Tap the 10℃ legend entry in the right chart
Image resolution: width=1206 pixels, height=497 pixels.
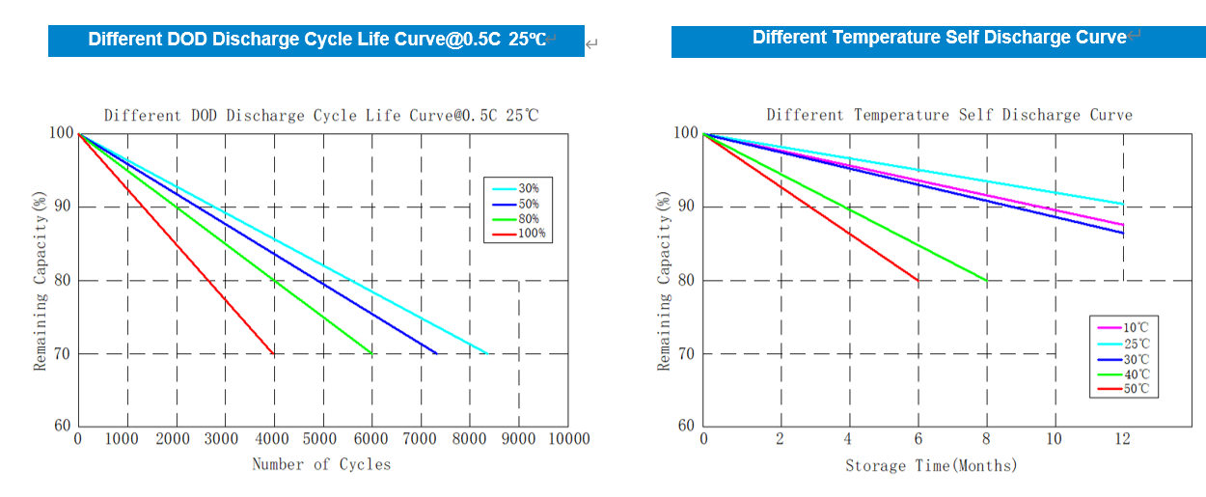(x=1135, y=328)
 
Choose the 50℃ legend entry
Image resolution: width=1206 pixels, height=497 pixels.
(x=1135, y=389)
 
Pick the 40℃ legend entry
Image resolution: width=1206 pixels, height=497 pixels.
(x=1135, y=373)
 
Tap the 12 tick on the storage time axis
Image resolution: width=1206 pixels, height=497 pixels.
(x=1122, y=439)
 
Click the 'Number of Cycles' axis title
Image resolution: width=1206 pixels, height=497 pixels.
(x=321, y=464)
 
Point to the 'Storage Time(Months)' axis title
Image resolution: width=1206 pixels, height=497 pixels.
(x=931, y=465)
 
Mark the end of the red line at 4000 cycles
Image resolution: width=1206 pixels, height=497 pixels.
(x=274, y=354)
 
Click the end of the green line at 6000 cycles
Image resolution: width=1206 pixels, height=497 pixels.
(x=371, y=353)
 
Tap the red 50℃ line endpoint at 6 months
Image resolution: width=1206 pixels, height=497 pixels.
(x=918, y=280)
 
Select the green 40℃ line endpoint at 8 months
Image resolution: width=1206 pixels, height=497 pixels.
(x=987, y=280)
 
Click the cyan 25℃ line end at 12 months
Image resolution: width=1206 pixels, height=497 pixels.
(x=1123, y=204)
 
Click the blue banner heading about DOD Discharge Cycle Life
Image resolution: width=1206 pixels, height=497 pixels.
(x=316, y=41)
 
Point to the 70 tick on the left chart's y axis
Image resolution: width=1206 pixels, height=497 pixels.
(x=61, y=353)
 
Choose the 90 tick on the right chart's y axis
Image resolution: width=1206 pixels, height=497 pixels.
(x=685, y=207)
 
